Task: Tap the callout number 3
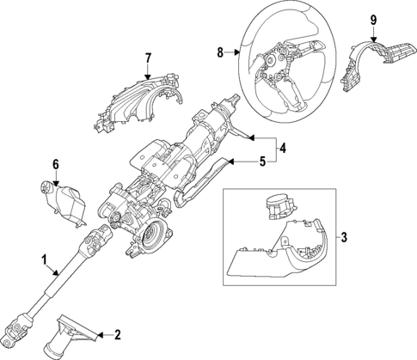point(344,236)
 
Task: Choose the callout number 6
point(55,163)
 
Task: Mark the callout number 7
point(148,58)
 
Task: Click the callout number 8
point(220,52)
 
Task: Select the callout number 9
point(373,20)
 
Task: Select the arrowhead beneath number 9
point(373,38)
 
